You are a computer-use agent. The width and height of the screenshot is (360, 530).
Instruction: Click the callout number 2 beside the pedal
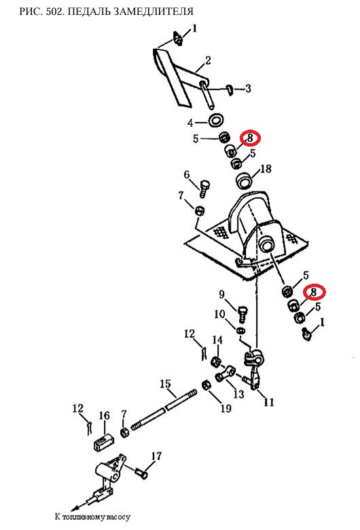[208, 60]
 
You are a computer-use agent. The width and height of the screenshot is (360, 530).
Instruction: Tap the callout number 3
[248, 88]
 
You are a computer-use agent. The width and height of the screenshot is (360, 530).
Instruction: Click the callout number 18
[266, 169]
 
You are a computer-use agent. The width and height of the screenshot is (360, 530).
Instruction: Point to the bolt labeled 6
[204, 189]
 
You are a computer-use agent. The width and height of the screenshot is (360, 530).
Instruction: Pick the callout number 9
[221, 295]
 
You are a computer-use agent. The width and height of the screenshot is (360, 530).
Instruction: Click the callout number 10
[219, 314]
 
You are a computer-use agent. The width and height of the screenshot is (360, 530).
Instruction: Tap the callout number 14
[217, 340]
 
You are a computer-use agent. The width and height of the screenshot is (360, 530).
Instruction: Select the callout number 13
[239, 394]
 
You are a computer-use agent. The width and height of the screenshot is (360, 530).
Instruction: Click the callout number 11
[269, 402]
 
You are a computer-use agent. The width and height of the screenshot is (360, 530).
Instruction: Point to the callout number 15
[166, 384]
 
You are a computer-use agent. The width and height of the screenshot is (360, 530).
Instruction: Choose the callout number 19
[226, 409]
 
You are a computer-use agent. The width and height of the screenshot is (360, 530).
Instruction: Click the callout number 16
[105, 415]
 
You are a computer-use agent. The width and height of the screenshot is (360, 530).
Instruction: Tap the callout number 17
[157, 456]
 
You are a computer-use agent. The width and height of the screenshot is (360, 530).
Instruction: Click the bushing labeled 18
[245, 180]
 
